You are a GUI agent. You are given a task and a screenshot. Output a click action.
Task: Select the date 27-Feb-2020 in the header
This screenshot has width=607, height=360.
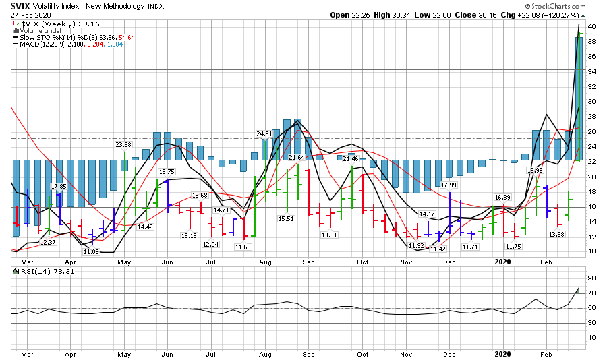29,15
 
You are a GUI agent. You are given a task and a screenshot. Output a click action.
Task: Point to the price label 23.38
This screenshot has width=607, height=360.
123,145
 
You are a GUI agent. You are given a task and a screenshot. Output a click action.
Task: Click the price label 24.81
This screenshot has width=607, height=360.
264,134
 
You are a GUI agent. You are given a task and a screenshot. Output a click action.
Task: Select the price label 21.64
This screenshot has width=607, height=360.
297,157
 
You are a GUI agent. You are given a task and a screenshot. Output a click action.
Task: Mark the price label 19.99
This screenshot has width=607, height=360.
535,171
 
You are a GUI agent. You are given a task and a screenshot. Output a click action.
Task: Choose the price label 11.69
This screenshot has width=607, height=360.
243,247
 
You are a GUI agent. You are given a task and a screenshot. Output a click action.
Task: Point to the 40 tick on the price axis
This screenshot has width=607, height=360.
591,27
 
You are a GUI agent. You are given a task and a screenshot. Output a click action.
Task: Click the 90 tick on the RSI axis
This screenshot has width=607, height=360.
591,278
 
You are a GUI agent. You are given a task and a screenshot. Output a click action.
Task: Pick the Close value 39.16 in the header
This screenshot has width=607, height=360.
503,15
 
